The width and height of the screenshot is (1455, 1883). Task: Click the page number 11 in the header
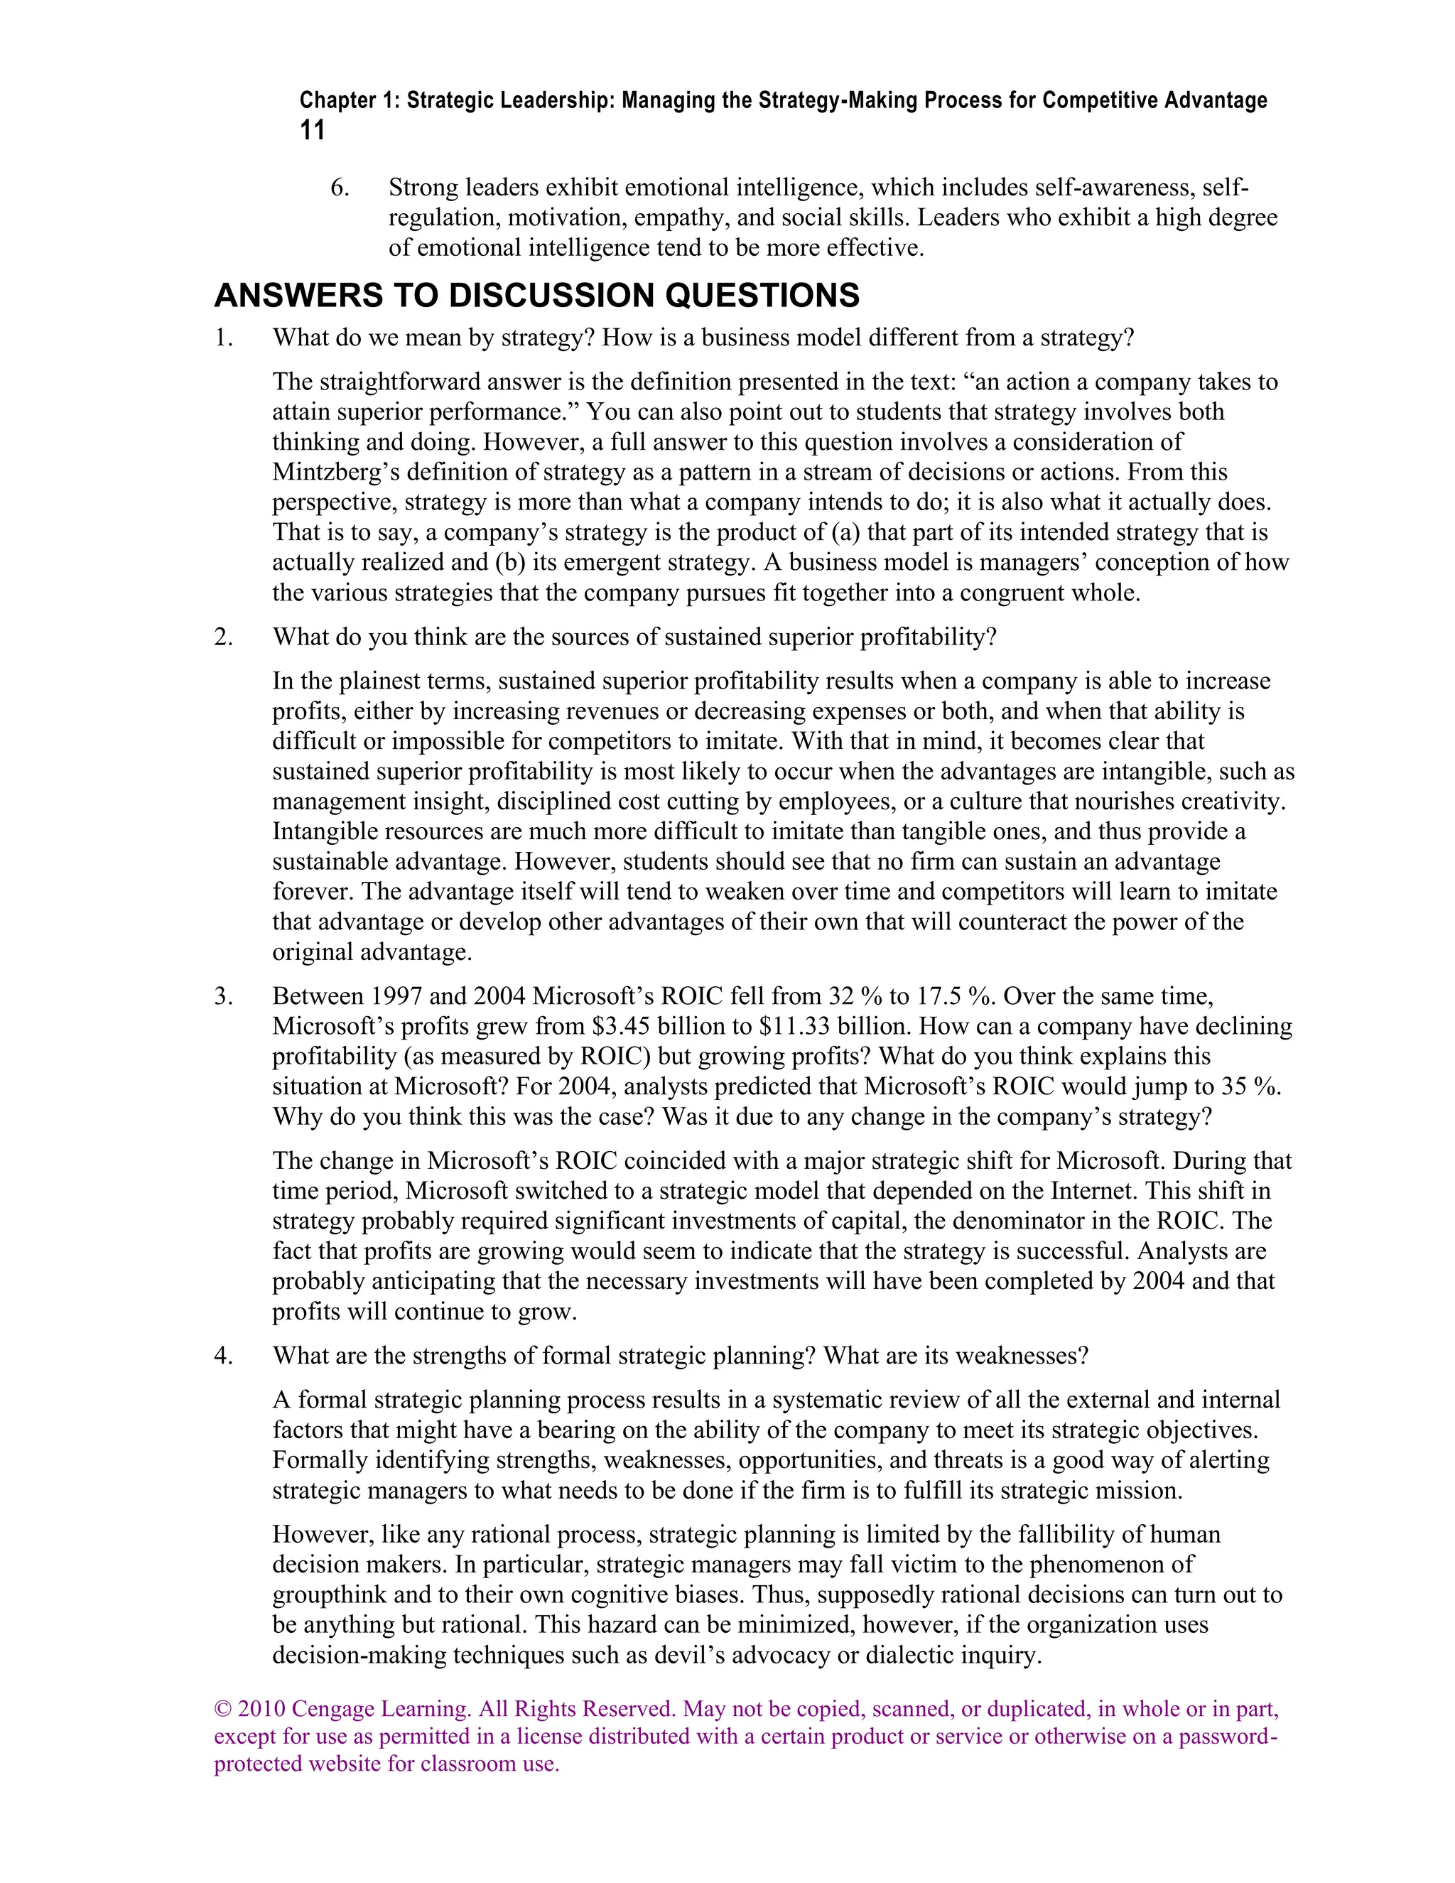[312, 131]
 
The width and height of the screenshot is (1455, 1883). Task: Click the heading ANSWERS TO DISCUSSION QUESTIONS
[536, 296]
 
